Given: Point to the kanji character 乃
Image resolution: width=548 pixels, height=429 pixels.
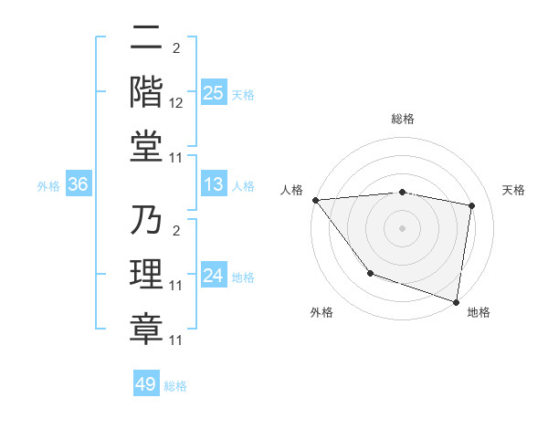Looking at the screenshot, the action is pos(146,222).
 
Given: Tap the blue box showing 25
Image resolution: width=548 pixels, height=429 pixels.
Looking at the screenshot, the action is pos(214,93).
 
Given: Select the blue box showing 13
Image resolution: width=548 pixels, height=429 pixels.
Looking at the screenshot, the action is pos(214,185).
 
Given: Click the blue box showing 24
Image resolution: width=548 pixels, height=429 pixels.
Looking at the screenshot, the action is pos(214,276).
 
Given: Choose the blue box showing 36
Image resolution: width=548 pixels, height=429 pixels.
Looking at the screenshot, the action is pos(78,185).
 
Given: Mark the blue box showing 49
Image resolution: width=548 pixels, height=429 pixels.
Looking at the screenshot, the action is pos(146,384).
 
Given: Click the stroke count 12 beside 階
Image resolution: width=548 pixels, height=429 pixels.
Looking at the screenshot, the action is pos(177,103).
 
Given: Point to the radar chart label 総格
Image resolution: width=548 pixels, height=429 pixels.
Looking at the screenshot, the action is pos(403,119).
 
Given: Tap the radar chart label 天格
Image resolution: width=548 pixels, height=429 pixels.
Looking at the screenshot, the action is pos(514,190).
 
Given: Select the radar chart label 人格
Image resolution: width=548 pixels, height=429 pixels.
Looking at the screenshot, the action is pos(292,190).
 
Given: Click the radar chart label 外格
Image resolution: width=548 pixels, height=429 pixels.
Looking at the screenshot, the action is pos(321,312).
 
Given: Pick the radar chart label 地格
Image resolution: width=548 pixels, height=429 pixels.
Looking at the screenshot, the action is pos(479,312).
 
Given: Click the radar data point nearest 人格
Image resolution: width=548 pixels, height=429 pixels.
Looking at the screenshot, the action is pos(315,200).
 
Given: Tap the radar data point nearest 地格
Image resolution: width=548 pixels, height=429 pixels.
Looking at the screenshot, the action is pos(457,301).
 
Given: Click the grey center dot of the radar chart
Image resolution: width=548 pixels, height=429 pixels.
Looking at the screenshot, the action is pos(403,228).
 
